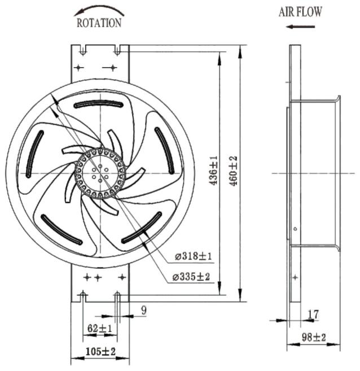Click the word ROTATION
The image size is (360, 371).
(x=99, y=23)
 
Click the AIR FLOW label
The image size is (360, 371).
(x=300, y=12)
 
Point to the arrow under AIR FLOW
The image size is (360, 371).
(x=300, y=27)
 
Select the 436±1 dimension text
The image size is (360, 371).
(x=213, y=171)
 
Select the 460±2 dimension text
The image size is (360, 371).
(x=233, y=171)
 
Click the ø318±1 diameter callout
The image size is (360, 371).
(x=193, y=256)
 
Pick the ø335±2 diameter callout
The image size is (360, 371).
(x=191, y=276)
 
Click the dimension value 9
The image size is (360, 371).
(x=144, y=310)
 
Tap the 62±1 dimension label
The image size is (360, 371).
(x=100, y=328)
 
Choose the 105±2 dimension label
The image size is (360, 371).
(x=100, y=351)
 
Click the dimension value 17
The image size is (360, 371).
(x=313, y=315)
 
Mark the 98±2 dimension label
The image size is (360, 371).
(x=314, y=337)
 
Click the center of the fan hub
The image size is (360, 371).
(x=100, y=173)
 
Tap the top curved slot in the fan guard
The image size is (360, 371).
(x=98, y=104)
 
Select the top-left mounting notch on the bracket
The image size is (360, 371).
(x=82, y=50)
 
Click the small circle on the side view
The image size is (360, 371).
(x=295, y=229)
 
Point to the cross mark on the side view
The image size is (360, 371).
(x=295, y=277)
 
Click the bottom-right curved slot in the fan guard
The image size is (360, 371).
(x=142, y=228)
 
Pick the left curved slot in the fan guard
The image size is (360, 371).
(x=34, y=154)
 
